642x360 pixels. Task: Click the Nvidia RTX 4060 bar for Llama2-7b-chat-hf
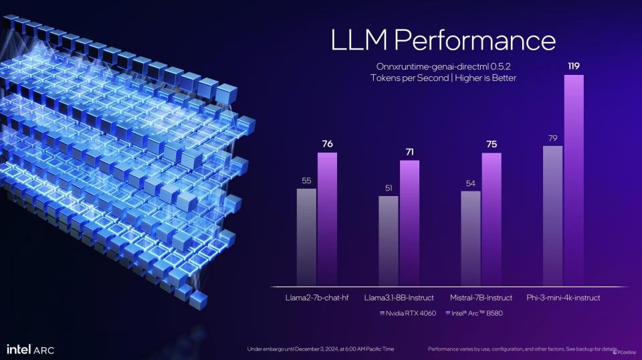(306, 237)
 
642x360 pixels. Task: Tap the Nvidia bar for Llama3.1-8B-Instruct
(388, 240)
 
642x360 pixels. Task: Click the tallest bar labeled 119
(574, 180)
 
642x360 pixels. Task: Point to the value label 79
(552, 139)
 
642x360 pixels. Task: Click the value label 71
(409, 153)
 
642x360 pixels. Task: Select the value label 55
(306, 181)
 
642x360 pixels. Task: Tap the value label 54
(470, 183)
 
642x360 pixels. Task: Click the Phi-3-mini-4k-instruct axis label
(564, 297)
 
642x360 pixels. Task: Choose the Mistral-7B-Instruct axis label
(481, 297)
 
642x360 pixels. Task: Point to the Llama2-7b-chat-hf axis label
(317, 297)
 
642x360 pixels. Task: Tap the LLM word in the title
(358, 40)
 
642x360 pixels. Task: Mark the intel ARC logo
(30, 349)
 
